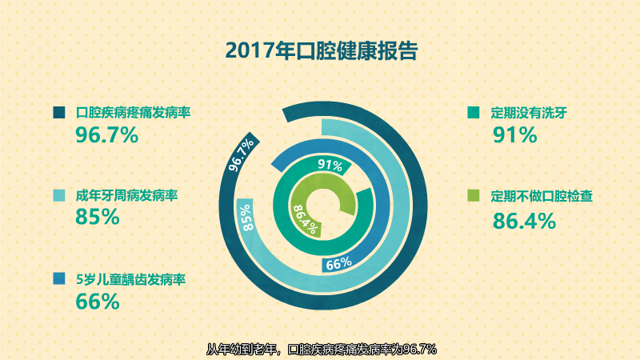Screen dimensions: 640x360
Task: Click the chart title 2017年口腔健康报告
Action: [322, 50]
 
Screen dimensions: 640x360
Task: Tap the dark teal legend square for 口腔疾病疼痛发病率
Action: [59, 112]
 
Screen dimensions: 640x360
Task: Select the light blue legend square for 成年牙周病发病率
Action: [59, 195]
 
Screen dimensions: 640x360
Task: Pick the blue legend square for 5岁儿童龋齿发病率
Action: [59, 278]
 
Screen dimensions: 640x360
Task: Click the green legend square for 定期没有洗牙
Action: [473, 112]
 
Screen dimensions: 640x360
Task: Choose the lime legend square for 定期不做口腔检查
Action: [473, 195]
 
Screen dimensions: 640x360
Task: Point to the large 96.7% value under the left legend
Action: [107, 135]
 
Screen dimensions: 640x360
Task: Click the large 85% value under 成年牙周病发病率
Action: [98, 217]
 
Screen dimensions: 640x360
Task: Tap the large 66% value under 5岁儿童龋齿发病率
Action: [98, 302]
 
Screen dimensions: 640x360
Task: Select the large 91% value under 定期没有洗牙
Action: [514, 135]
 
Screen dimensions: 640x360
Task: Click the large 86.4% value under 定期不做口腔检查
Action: [524, 221]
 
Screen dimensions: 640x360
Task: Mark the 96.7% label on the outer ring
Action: [242, 154]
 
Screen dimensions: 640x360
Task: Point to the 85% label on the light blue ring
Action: [246, 218]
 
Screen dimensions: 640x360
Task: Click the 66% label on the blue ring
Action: [338, 264]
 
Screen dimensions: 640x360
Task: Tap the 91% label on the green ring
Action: [330, 165]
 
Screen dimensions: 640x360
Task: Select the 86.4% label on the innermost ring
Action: [305, 219]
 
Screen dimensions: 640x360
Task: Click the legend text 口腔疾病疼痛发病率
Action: [133, 112]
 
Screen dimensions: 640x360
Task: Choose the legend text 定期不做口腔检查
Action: [542, 196]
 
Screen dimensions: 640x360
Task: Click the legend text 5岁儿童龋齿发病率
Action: [130, 279]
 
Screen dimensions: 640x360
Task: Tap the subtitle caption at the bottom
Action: [322, 350]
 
